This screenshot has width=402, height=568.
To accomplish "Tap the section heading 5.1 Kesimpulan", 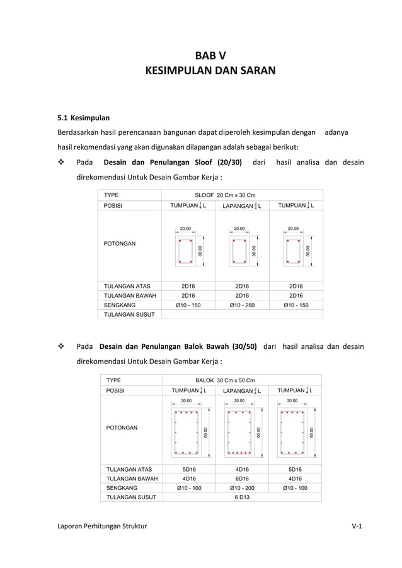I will tap(84, 117).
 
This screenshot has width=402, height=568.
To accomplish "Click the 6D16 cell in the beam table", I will tap(242, 478).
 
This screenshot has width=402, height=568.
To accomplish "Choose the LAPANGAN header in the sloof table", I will tap(242, 206).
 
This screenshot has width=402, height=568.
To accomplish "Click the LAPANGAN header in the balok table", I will tap(242, 390).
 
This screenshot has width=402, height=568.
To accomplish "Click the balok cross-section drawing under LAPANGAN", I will tap(239, 432).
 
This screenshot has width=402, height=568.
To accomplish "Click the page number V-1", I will tap(357, 525).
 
